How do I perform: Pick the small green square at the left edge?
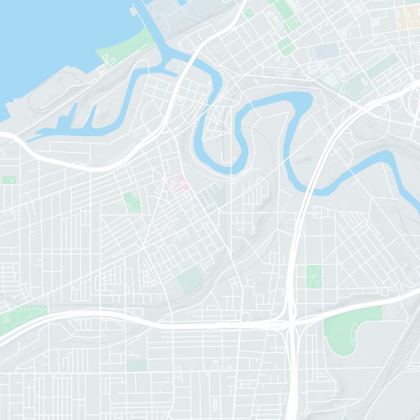(x=8, y=180)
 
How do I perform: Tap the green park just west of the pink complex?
(x=131, y=202)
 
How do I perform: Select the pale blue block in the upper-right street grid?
(x=327, y=51)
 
